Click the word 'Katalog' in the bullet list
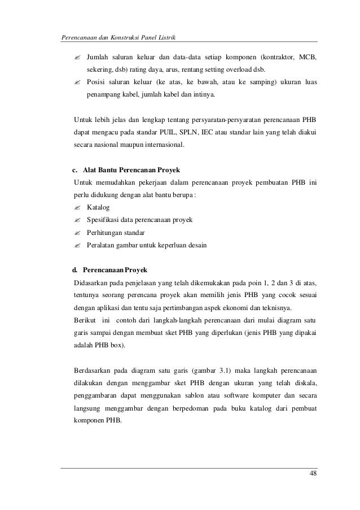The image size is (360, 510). point(98,207)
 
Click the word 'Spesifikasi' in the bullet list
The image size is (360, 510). point(106,220)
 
